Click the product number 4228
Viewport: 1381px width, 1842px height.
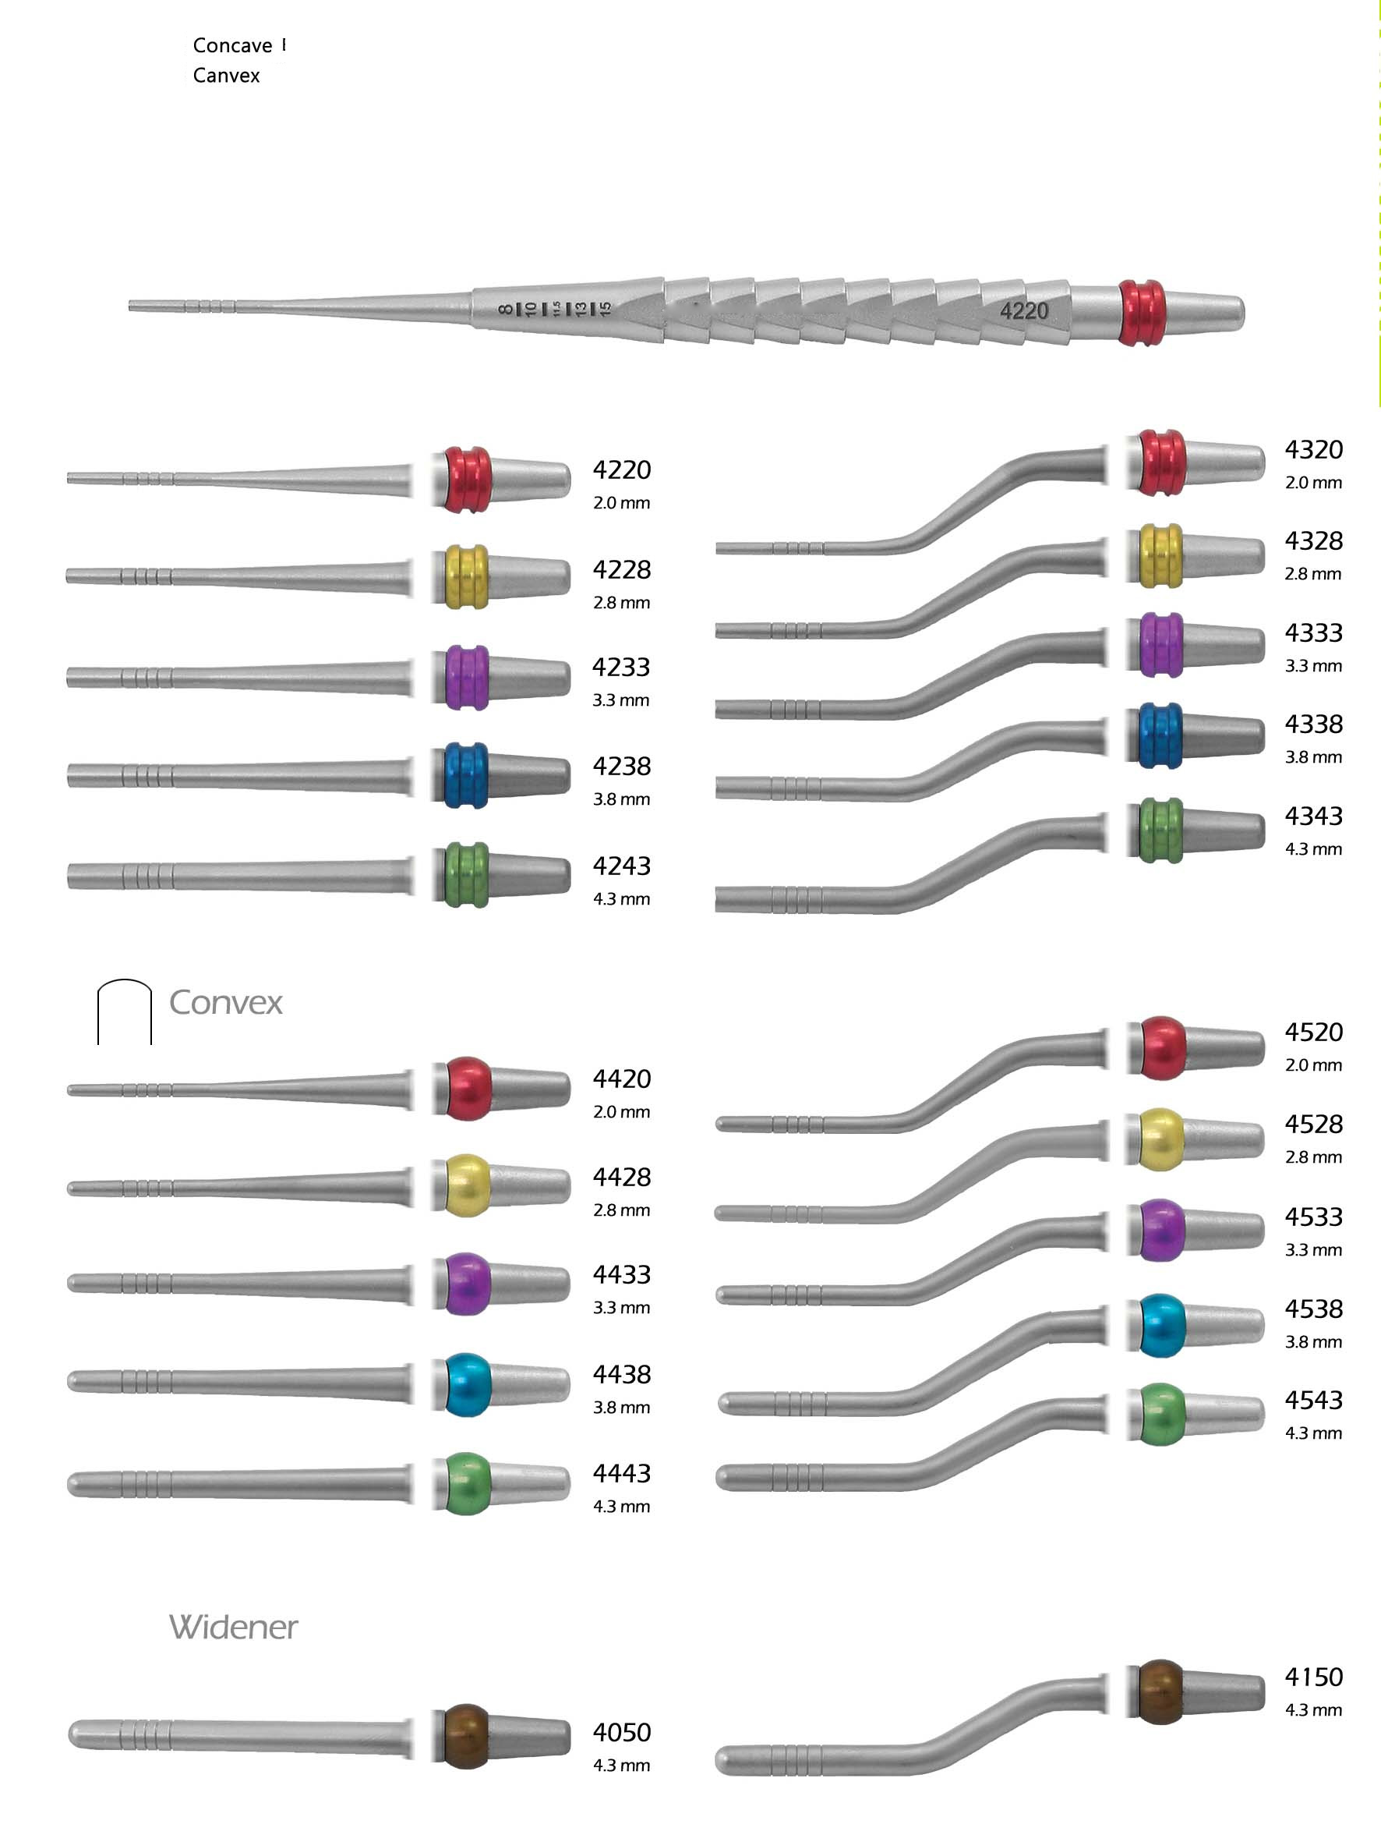[x=621, y=569]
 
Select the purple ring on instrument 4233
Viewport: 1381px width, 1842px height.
[x=466, y=677]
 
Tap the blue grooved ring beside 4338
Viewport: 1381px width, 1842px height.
[x=1160, y=736]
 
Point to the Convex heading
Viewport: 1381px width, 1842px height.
[x=225, y=1003]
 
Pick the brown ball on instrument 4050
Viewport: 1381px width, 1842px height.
[x=466, y=1736]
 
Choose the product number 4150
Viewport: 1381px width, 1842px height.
[x=1313, y=1677]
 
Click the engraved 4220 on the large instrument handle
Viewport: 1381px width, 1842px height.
[x=1024, y=311]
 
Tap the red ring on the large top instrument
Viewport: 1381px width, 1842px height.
[x=1141, y=313]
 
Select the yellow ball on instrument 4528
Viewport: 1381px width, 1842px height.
[x=1160, y=1140]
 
